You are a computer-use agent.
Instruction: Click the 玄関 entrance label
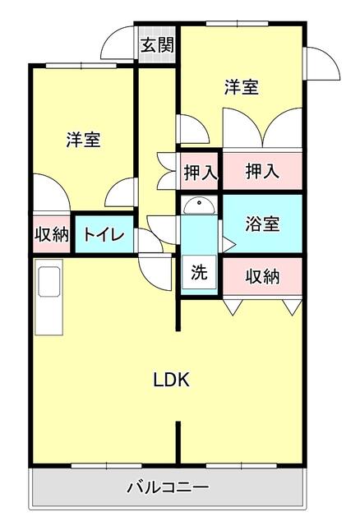[156, 46]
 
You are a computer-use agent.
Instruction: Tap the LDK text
[172, 380]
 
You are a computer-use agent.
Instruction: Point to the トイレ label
[104, 235]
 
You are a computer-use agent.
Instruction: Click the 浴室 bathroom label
[263, 224]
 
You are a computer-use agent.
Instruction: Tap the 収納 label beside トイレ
[50, 234]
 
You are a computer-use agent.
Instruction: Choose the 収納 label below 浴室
[263, 277]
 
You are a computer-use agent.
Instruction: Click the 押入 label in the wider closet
[263, 172]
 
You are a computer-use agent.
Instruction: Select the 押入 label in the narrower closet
[200, 173]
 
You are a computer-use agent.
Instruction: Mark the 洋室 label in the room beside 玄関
[242, 87]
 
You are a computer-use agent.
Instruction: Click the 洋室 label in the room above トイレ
[84, 140]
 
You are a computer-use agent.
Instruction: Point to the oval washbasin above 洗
[199, 205]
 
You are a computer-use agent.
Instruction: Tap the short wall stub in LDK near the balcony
[178, 444]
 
